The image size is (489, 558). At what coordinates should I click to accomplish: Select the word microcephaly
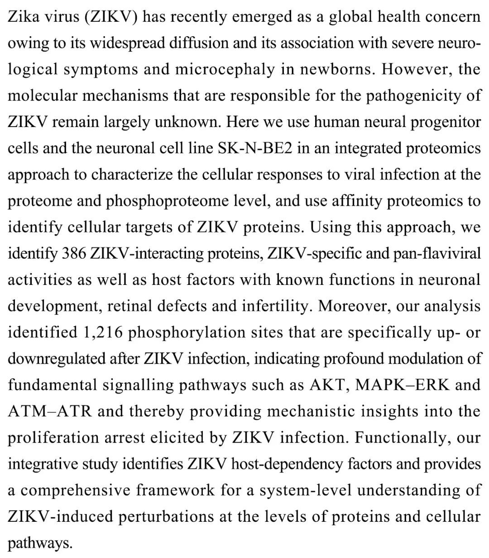click(x=225, y=69)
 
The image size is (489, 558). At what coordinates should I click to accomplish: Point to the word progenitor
click(x=445, y=122)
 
